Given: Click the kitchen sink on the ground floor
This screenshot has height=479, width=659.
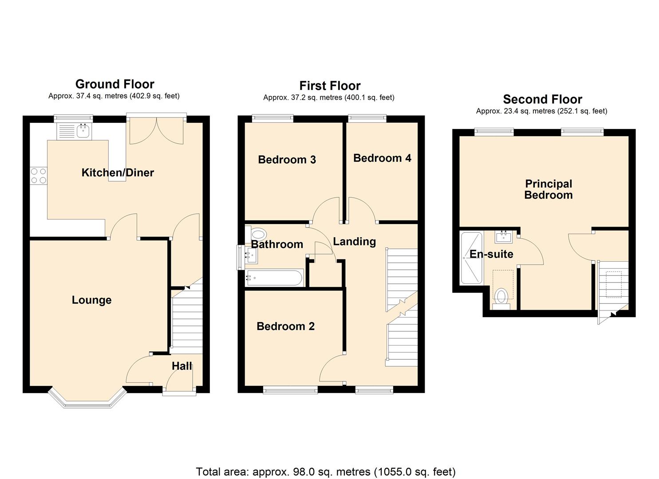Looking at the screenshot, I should click(83, 131).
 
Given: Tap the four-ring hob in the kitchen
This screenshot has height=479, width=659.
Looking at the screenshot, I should click(39, 176).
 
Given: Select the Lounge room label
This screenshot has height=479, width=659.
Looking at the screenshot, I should click(91, 300).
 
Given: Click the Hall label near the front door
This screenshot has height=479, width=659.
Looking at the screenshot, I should click(182, 366).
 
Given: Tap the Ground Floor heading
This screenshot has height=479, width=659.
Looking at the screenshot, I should click(114, 84).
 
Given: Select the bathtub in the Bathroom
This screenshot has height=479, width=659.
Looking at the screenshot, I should click(274, 278).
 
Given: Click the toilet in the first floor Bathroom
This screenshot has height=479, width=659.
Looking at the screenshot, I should click(257, 233).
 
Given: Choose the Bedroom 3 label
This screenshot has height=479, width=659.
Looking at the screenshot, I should click(287, 160).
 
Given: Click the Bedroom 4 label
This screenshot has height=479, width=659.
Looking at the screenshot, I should click(382, 158).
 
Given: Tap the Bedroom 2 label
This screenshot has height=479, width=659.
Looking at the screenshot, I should click(285, 326).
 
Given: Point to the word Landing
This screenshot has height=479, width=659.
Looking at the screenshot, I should click(354, 242).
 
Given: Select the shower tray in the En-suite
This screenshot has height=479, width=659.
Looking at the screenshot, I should click(471, 258).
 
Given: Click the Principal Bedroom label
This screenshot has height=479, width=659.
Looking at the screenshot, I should click(548, 189).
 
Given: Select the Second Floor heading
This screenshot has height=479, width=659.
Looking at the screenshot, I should click(542, 99).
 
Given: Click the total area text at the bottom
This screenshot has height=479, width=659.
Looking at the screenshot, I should click(326, 471).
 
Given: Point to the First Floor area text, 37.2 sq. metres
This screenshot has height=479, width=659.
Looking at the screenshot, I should click(328, 98).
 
